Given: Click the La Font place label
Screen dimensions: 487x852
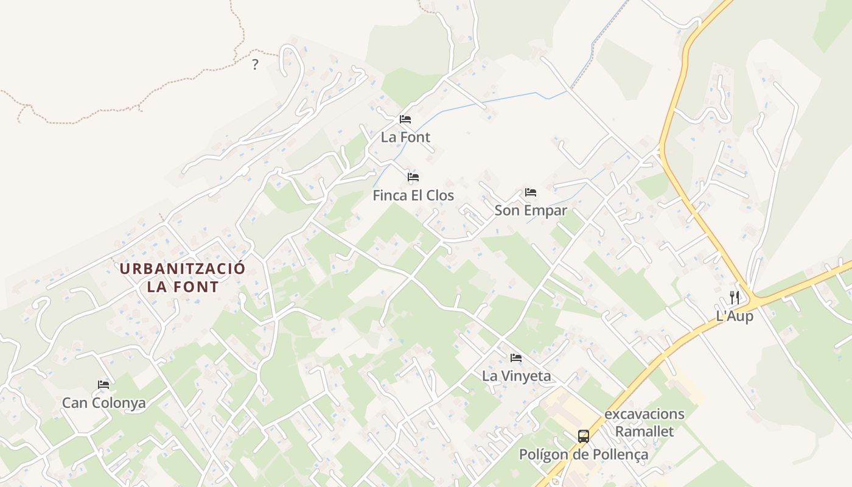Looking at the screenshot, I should click(405, 138).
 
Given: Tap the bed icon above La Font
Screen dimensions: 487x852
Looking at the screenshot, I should click(405, 119).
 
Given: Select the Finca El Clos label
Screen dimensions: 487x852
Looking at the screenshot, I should click(413, 195).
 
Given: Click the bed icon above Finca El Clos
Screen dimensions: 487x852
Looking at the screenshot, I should click(413, 177).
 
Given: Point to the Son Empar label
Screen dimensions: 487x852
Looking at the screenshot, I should click(531, 211).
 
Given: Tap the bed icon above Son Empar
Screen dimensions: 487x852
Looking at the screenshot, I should click(531, 192).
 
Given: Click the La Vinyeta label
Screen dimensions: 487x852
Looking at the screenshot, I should click(516, 376).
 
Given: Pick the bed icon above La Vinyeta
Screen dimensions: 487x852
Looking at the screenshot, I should click(516, 358).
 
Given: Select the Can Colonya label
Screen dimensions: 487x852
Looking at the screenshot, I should click(103, 403).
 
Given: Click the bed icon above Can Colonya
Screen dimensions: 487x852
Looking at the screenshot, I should click(103, 385).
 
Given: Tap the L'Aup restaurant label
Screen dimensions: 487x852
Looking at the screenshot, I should click(735, 317).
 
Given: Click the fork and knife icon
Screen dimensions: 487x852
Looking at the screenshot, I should click(735, 298).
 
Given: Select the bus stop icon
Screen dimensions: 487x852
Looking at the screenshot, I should click(583, 436).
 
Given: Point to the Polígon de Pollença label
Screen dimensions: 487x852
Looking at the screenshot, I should click(583, 455).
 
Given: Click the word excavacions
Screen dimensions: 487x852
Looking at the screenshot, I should click(644, 415).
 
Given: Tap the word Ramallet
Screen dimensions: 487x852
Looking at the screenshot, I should click(644, 432).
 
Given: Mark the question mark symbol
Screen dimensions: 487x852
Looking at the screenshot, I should click(255, 65).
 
